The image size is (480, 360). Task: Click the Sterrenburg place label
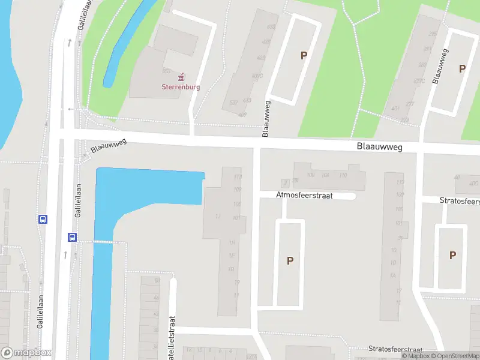tap(181, 86)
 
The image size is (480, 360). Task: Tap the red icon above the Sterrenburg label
tap(181, 76)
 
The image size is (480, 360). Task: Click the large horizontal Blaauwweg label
tap(379, 146)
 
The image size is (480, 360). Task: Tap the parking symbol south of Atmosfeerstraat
tap(290, 261)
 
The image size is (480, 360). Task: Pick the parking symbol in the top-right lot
tap(462, 69)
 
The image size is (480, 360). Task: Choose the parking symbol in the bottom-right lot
tap(452, 255)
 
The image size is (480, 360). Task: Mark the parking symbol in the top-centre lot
tap(304, 56)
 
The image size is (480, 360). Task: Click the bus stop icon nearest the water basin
tap(72, 237)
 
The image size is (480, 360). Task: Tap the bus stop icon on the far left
tap(43, 220)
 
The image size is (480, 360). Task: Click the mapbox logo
tap(26, 353)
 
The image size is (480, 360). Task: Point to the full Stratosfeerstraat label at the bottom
tap(395, 350)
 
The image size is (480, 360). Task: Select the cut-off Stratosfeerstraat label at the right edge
tap(460, 201)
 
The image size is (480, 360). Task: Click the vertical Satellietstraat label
tap(172, 336)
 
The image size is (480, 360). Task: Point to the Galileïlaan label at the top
tap(82, 15)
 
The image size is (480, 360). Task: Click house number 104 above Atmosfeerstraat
tap(325, 175)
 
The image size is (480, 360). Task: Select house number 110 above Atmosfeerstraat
tap(343, 175)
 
